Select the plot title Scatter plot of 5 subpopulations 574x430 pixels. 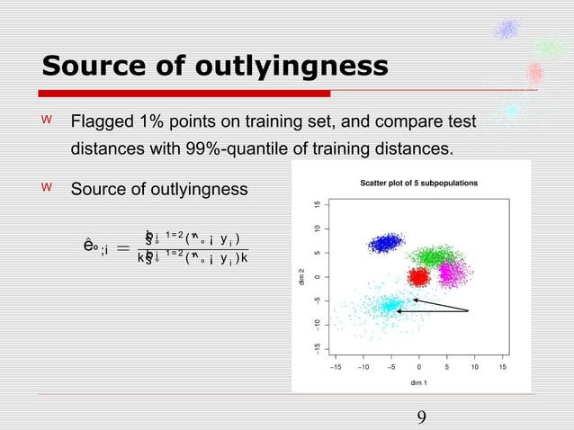419,183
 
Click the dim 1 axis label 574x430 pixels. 417,382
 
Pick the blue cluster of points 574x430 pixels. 388,243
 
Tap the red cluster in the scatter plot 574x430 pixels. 419,275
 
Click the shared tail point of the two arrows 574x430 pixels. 469,311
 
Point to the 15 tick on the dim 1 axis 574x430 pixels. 502,366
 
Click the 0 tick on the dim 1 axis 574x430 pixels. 419,366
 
